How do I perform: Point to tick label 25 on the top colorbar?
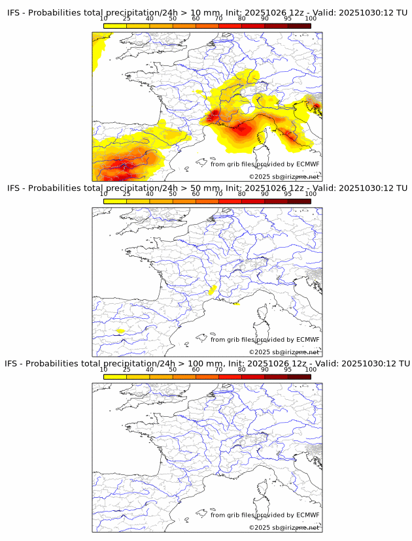tap(127, 19)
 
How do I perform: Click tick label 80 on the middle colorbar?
tap(242, 194)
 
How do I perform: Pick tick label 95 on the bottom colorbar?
tap(288, 369)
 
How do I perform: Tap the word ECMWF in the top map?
tap(308, 164)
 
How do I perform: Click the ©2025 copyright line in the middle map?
tap(284, 352)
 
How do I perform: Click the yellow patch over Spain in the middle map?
tap(120, 331)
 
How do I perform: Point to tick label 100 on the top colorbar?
tap(311, 19)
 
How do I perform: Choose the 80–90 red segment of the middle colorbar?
tap(253, 201)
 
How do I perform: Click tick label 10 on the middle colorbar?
tap(104, 194)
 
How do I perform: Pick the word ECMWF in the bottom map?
tap(308, 515)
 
